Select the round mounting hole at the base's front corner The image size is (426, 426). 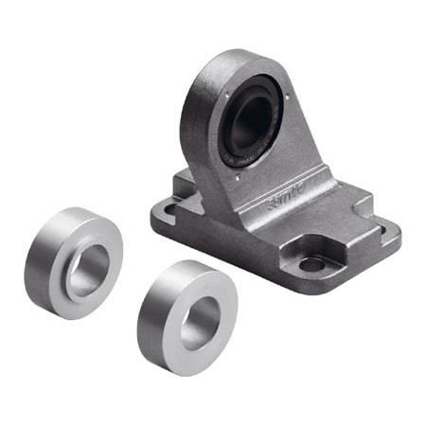(311, 264)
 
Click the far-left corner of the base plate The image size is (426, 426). (153, 210)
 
